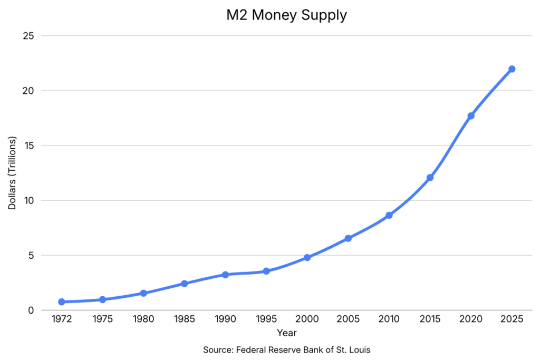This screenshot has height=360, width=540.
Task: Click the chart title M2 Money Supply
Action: point(286,15)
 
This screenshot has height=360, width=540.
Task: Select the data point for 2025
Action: point(512,69)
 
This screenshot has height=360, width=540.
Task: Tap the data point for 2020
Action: point(471,115)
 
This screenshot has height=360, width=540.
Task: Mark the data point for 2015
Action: point(430,178)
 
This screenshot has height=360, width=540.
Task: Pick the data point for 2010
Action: point(389,215)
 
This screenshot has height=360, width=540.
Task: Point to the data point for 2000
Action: point(307,258)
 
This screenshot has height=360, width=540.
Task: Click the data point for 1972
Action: point(62,302)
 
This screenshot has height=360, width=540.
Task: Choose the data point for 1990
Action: point(225,275)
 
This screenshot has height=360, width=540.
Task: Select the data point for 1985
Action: point(185,284)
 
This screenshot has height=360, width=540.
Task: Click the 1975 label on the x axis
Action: point(102,319)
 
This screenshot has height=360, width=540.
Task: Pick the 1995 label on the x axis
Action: point(266,319)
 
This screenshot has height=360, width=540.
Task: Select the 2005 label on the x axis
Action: point(348,319)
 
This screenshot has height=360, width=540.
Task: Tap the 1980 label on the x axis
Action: point(143,319)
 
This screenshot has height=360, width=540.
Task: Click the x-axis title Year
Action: point(286,333)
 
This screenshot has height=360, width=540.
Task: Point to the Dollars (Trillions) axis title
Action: point(13,173)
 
